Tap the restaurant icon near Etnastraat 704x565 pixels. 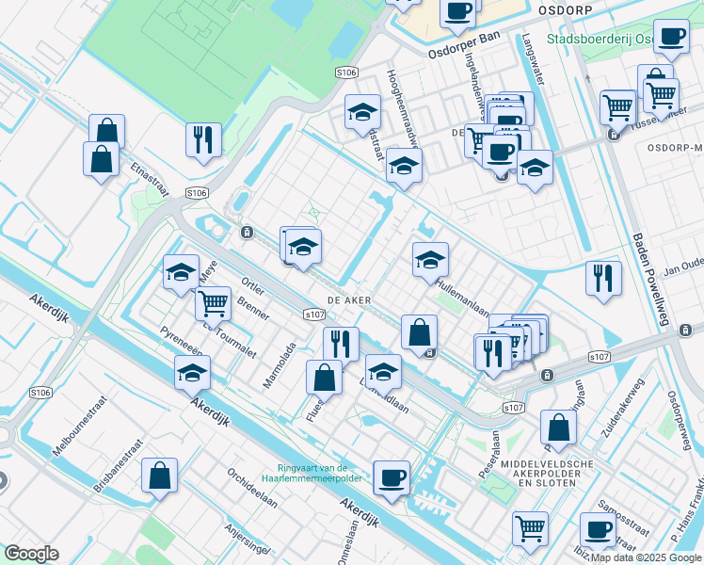point(203,140)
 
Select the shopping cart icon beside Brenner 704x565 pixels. point(215,303)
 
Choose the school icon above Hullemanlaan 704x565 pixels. point(430,260)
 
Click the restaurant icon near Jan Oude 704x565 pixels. point(603,279)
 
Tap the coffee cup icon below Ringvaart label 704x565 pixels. point(391,477)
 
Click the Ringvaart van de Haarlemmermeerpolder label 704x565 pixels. point(313,474)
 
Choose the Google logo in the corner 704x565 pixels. point(31,553)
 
